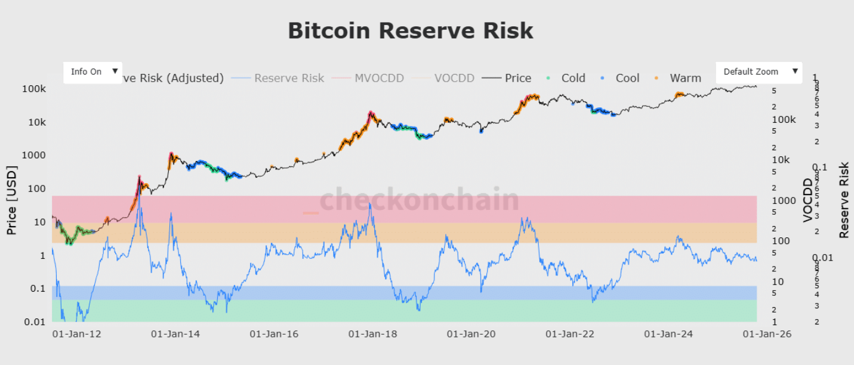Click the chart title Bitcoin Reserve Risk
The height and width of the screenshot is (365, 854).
point(411,31)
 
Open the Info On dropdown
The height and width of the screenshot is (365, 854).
point(93,72)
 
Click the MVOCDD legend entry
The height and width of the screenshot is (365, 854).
point(379,78)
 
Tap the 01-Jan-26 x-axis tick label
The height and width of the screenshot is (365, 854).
point(766,334)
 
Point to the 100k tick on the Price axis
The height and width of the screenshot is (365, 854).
point(35,89)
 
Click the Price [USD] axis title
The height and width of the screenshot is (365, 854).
point(12,200)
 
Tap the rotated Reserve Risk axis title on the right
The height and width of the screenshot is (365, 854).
point(844,200)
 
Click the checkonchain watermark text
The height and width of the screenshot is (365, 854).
point(420,200)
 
